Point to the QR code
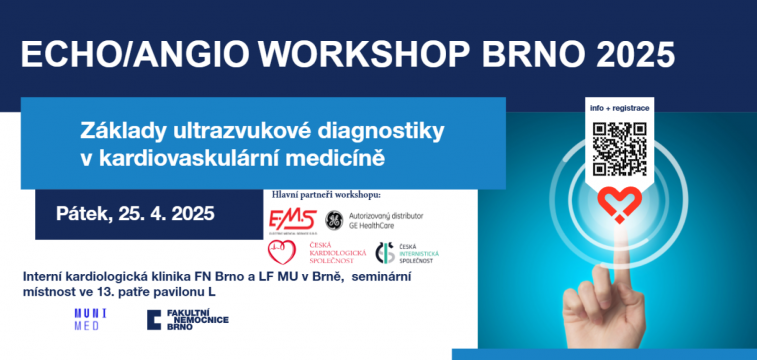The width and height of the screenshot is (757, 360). (619, 148)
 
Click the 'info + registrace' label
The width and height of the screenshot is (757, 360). (619, 107)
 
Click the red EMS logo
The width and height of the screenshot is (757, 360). (292, 218)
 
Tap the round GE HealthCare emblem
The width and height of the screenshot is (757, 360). (333, 218)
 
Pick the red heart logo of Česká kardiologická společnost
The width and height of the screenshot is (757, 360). (282, 253)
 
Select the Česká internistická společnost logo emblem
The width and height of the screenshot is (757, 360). (385, 254)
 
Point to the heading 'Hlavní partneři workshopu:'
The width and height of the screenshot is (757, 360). (325, 194)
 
